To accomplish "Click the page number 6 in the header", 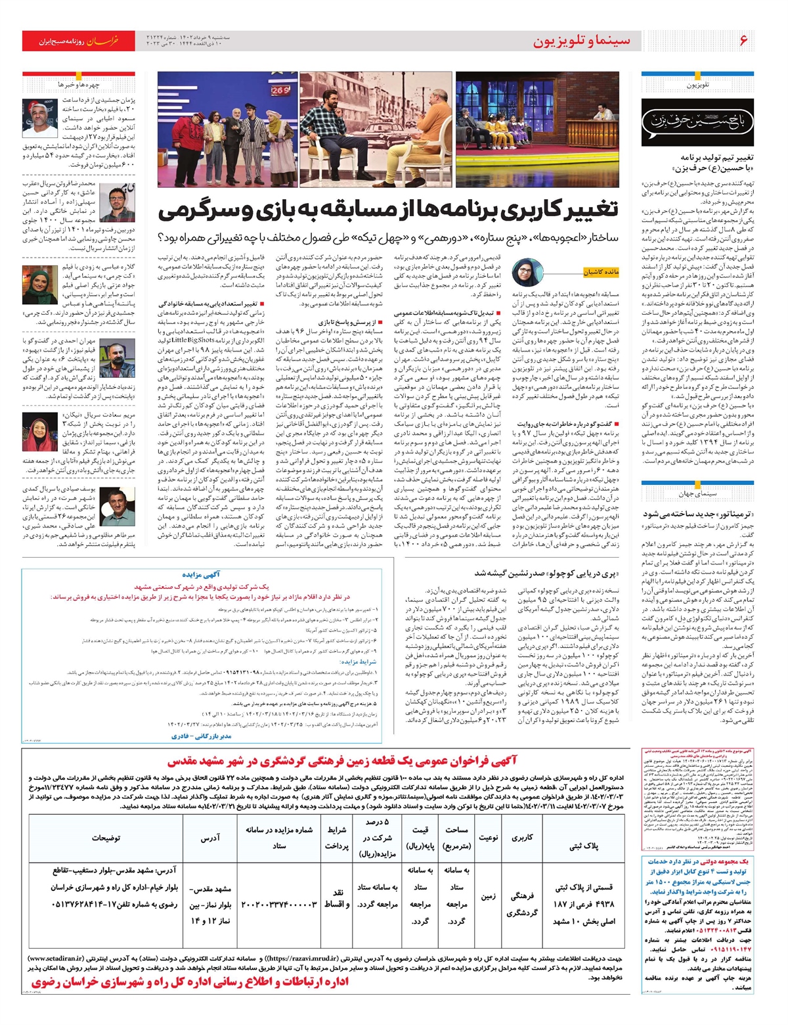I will (743, 40).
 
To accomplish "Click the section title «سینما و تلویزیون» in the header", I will (582, 41).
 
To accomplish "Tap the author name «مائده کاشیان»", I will (601, 272).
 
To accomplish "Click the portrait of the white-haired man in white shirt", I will (41, 118).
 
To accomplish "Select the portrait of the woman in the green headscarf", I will (41, 285).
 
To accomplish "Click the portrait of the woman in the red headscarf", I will (41, 431).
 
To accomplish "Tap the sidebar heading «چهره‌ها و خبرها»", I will (78, 85).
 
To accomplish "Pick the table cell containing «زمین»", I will (488, 896).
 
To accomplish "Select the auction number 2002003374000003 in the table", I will (279, 904).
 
